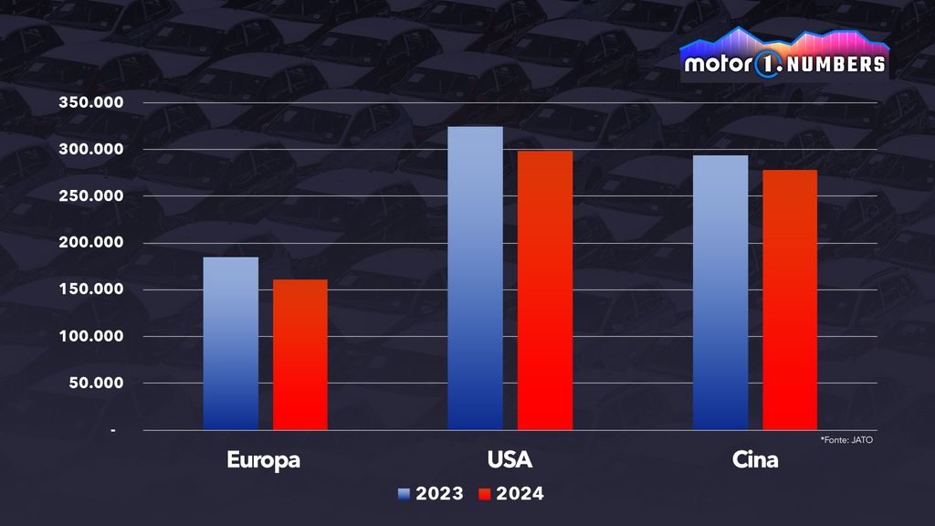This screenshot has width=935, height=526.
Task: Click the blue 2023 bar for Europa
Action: (230, 343)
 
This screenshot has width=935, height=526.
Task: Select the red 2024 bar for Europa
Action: (299, 354)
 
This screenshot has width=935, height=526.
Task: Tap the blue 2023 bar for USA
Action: (475, 279)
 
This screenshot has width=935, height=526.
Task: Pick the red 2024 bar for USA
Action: (545, 290)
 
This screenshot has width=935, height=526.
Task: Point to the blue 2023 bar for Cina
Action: (720, 292)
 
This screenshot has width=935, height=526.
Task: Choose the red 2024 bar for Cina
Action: (790, 300)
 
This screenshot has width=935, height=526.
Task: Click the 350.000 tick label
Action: (91, 103)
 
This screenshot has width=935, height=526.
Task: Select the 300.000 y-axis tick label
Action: (91, 150)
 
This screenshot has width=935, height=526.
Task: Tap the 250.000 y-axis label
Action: (91, 196)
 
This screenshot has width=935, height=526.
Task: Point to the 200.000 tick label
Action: (91, 243)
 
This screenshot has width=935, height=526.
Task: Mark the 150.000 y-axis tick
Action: (91, 289)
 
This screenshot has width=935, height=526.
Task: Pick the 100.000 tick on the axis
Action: (91, 336)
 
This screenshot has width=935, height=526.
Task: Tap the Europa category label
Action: (264, 459)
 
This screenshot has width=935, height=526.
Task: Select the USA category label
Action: (510, 459)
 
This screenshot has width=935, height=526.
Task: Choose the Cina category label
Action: (755, 459)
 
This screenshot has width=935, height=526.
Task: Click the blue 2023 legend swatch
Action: (404, 494)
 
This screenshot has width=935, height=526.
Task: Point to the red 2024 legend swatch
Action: (485, 494)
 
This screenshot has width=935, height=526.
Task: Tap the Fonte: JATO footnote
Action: (848, 440)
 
